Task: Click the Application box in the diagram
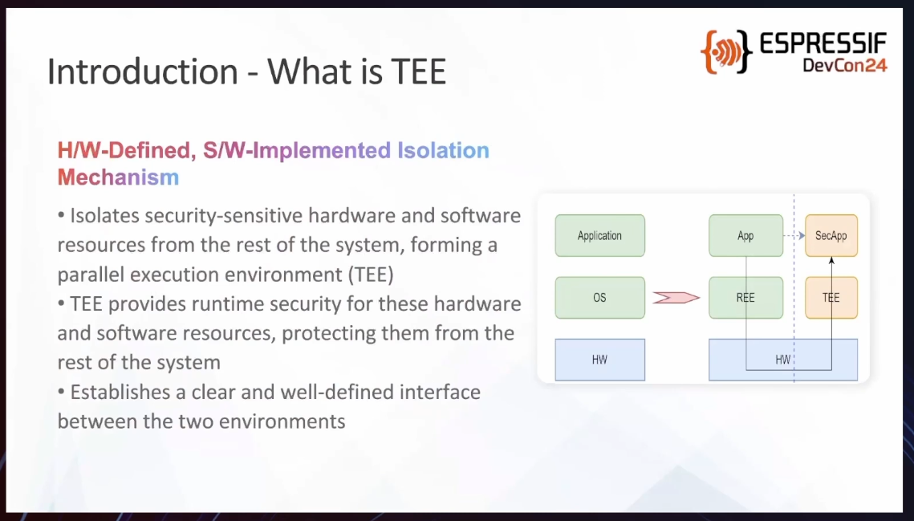pos(599,236)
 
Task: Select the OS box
pos(599,298)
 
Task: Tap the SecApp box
pos(831,236)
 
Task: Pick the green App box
pos(746,236)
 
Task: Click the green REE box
pos(746,298)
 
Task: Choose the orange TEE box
pos(831,298)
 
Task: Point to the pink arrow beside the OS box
pos(676,298)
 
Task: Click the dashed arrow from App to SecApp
pos(794,236)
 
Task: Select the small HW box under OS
pos(599,360)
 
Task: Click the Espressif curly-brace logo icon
pos(726,52)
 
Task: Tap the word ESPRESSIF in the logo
pos(823,44)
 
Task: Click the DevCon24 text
pos(845,65)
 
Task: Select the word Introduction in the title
pos(142,71)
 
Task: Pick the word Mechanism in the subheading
pos(118,177)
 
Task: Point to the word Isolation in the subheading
pos(443,151)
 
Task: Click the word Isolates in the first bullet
pos(104,215)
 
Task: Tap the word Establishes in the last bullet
pos(120,392)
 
